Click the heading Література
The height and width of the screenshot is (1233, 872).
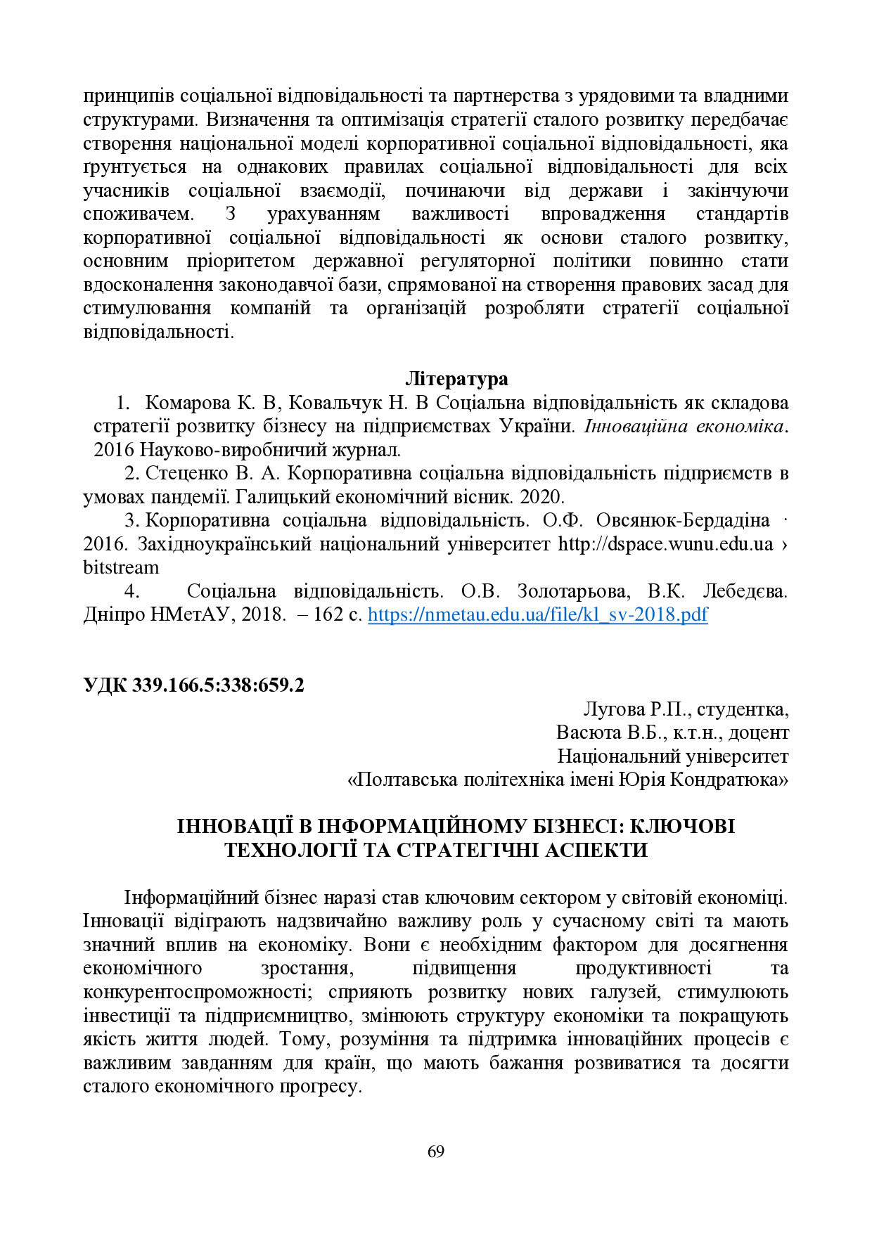pos(456,379)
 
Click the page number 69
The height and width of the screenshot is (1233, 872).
pos(435,1151)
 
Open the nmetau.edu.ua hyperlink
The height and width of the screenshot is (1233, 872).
pos(537,614)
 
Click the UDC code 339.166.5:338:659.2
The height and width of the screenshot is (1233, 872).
pos(218,685)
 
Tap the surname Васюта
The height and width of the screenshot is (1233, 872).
pos(588,732)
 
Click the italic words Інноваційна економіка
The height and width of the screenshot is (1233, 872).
pos(684,426)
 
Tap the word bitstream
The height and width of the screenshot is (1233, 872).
pos(121,567)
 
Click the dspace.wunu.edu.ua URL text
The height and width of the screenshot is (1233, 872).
pos(665,544)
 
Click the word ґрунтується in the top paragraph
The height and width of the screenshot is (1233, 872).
pos(135,167)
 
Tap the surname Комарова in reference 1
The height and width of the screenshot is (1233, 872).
pos(188,403)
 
